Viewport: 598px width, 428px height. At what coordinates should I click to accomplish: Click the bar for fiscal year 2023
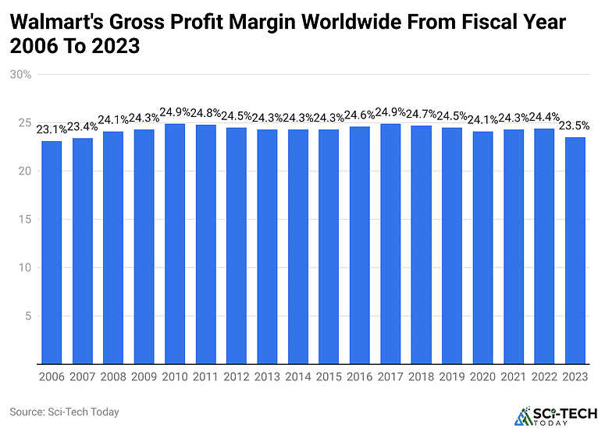pyautogui.click(x=575, y=250)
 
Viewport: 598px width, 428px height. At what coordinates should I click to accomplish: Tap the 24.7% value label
pyautogui.click(x=421, y=115)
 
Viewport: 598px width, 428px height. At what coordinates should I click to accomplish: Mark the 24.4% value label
pyautogui.click(x=544, y=118)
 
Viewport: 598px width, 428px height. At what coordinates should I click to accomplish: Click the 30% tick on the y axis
pyautogui.click(x=21, y=75)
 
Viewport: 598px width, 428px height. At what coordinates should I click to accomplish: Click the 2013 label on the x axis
pyautogui.click(x=267, y=377)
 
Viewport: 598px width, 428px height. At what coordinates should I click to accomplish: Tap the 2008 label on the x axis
pyautogui.click(x=113, y=377)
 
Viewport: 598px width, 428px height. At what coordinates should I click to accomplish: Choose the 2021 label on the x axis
pyautogui.click(x=514, y=377)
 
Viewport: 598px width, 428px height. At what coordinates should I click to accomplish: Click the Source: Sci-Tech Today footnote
pyautogui.click(x=64, y=411)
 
